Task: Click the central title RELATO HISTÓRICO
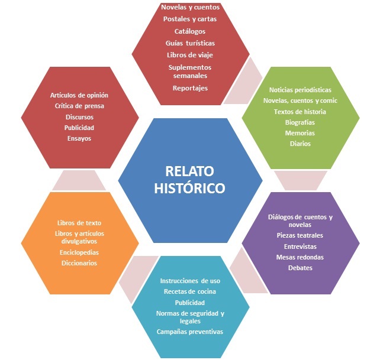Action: point(189,180)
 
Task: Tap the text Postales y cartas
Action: point(190,19)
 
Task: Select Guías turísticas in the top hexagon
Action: point(190,43)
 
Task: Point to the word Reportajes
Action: point(190,88)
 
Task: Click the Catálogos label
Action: point(190,31)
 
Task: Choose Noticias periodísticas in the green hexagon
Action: point(300,89)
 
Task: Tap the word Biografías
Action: point(300,122)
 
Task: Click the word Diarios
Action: point(300,143)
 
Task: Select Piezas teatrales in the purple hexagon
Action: point(300,235)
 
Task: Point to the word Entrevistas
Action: point(300,246)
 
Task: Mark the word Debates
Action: point(300,268)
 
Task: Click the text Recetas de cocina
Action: point(190,291)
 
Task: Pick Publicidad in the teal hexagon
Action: point(190,301)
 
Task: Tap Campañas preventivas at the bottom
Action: point(190,332)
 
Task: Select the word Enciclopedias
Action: point(79,252)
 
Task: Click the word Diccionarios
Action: point(79,262)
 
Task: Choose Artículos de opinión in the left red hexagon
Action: point(79,95)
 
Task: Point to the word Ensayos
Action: point(79,138)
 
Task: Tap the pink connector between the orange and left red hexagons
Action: point(79,180)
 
